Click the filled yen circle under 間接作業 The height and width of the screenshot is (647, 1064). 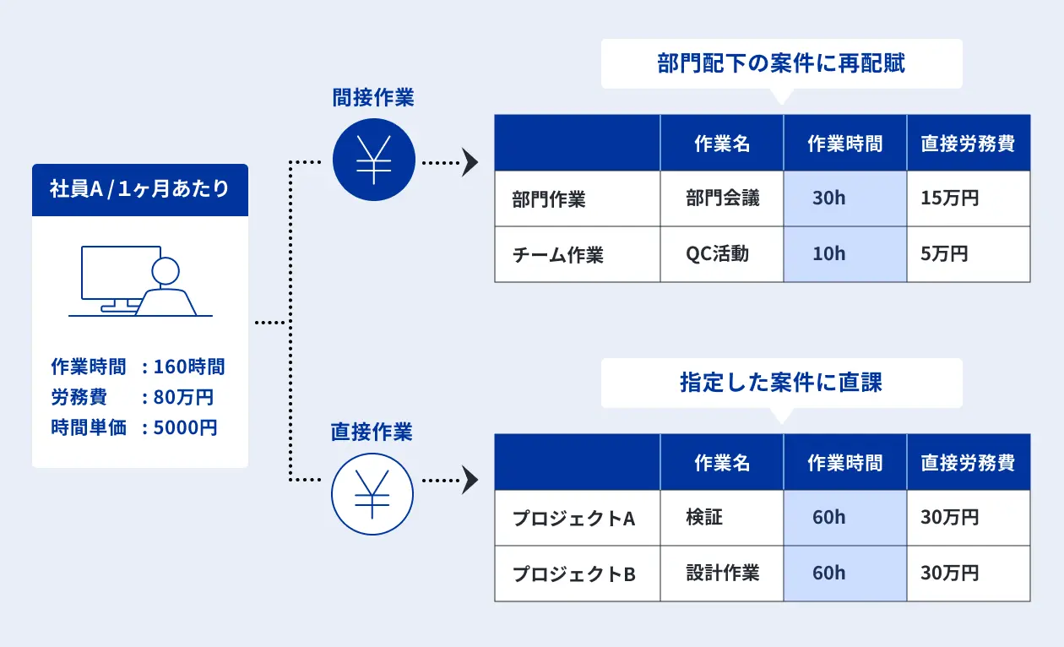click(x=374, y=160)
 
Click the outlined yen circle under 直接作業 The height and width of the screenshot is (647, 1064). click(x=372, y=494)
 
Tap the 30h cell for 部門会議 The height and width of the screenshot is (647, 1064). click(x=845, y=198)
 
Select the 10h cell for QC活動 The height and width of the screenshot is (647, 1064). click(x=845, y=254)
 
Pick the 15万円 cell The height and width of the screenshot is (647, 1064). click(x=969, y=198)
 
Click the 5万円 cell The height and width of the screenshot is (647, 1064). click(x=969, y=254)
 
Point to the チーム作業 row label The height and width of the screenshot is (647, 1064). click(x=557, y=255)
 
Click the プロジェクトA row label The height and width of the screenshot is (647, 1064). click(x=574, y=519)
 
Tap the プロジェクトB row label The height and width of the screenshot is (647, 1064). click(x=574, y=574)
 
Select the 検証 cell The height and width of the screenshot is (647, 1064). click(x=721, y=517)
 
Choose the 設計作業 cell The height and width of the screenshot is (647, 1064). click(x=721, y=574)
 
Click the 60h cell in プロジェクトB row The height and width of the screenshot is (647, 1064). click(x=845, y=574)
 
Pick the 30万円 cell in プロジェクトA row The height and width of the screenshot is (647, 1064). click(x=969, y=517)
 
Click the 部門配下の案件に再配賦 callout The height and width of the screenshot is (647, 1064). click(x=781, y=63)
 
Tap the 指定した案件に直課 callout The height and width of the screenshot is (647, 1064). click(x=781, y=383)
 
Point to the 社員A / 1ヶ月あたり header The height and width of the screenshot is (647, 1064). click(x=139, y=189)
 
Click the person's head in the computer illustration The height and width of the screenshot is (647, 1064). click(x=166, y=271)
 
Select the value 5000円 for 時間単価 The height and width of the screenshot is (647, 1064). click(x=185, y=427)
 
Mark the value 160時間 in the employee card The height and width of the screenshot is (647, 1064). click(x=189, y=367)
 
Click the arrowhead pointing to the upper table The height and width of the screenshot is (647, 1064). click(x=470, y=162)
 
